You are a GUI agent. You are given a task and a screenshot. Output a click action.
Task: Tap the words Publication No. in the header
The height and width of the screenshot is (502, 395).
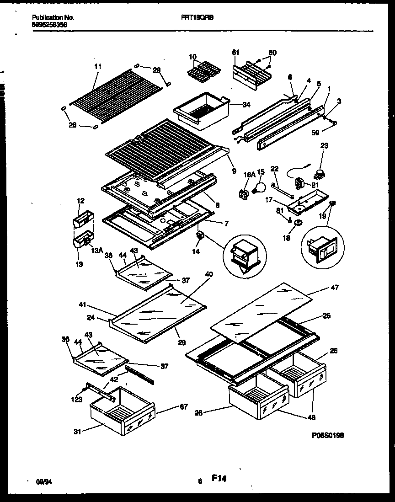pos(53,17)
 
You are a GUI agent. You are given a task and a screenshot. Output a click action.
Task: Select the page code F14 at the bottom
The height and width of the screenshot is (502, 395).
pos(219,479)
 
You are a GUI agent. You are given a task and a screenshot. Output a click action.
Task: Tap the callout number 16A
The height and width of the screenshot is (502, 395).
pos(248,174)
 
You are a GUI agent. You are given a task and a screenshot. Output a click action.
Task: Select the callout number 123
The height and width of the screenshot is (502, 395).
pos(76,400)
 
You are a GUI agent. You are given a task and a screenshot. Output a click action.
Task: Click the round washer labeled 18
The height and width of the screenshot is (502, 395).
pos(297,223)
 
